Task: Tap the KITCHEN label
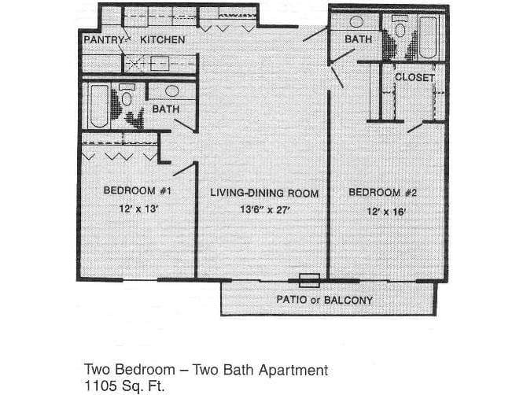click(162, 39)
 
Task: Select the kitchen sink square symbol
click(148, 63)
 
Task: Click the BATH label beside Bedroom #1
click(165, 109)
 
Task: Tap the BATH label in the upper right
click(357, 39)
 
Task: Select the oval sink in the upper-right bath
click(356, 21)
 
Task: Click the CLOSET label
click(414, 77)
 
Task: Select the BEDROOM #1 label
click(138, 191)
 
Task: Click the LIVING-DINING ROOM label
click(263, 193)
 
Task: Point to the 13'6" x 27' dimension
click(264, 210)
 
